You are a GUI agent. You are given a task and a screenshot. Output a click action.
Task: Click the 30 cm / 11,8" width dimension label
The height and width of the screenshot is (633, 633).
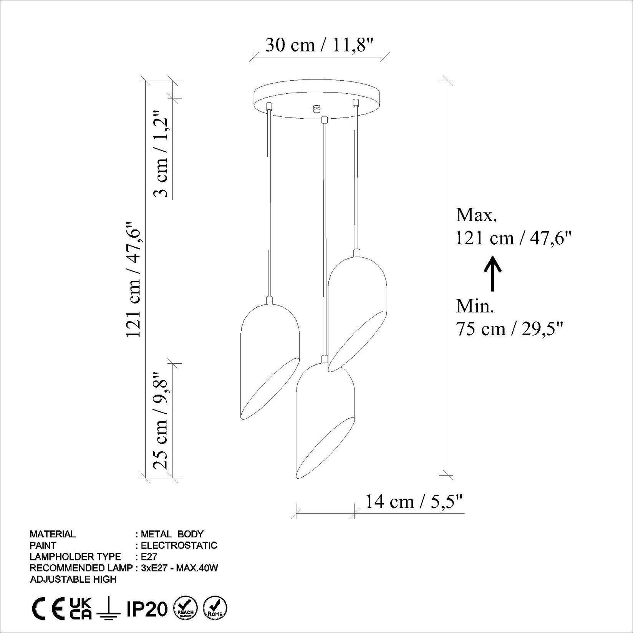pyautogui.click(x=319, y=45)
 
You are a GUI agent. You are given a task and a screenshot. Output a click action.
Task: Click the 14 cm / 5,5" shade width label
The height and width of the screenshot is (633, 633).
pyautogui.click(x=414, y=502)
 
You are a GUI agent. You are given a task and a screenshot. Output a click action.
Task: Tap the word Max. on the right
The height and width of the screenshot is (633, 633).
pyautogui.click(x=476, y=215)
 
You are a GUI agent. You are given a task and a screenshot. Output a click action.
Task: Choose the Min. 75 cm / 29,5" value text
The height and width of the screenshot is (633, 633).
pyautogui.click(x=509, y=329)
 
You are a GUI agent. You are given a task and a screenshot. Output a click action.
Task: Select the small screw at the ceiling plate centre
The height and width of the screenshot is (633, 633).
pyautogui.click(x=317, y=109)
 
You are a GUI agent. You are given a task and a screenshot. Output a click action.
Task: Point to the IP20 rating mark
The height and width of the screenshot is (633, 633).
pyautogui.click(x=147, y=609)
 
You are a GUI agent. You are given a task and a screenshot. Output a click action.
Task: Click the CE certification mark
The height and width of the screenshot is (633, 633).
pyautogui.click(x=48, y=609)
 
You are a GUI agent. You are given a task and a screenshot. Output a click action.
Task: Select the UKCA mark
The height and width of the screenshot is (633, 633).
pyautogui.click(x=81, y=609)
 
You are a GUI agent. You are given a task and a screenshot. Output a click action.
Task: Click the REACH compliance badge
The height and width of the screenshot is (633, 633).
pyautogui.click(x=186, y=609)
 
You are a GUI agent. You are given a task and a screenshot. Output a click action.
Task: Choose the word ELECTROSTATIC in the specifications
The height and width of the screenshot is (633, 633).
pyautogui.click(x=179, y=545)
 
